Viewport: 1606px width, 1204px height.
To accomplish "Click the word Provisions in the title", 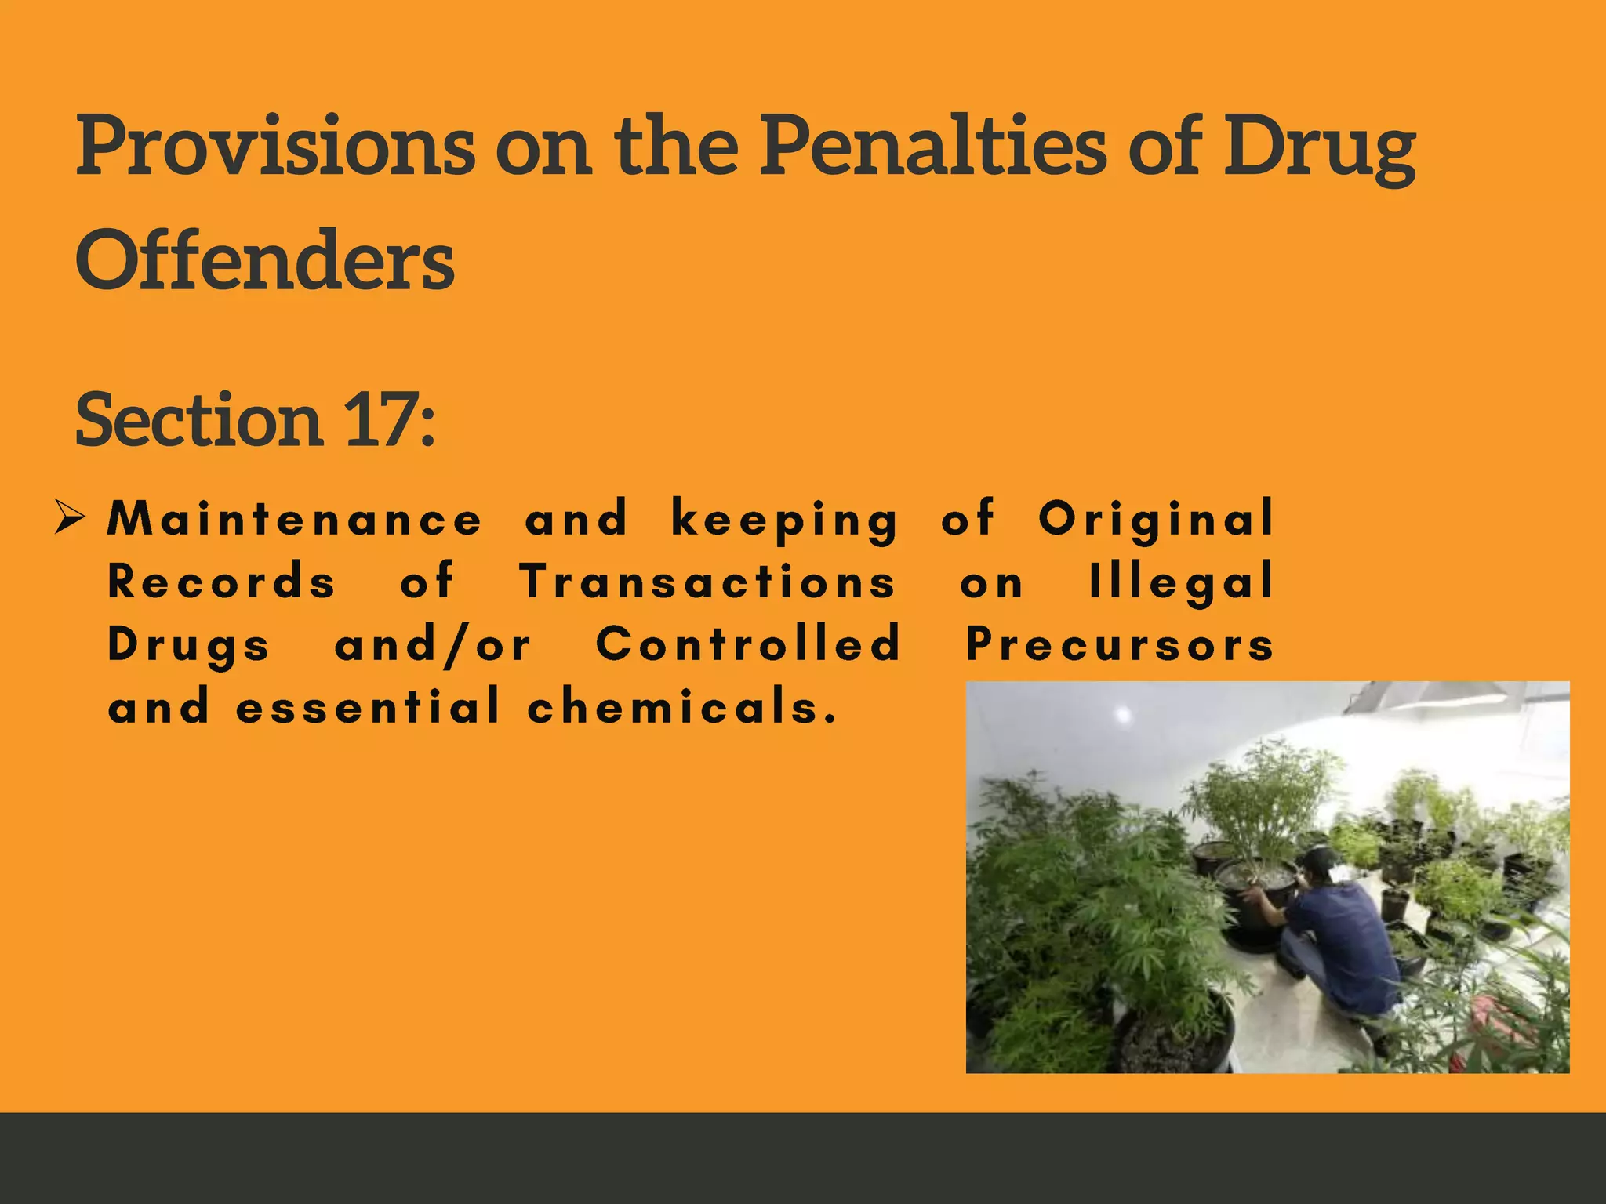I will click(275, 146).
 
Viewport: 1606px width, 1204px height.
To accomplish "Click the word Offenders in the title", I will click(265, 260).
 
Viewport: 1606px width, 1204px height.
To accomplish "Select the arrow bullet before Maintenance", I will click(70, 519).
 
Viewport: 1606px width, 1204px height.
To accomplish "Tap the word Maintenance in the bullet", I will click(294, 519).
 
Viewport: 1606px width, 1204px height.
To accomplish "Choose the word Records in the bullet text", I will click(222, 582).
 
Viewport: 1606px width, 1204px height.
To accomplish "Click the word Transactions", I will click(707, 582).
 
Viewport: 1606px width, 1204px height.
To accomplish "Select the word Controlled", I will click(749, 644).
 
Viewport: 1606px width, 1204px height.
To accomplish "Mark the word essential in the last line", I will click(368, 707).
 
